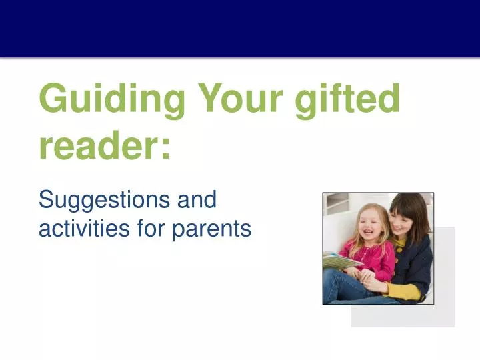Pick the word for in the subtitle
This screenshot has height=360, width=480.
tap(151, 229)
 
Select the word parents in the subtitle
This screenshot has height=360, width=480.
tap(212, 230)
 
